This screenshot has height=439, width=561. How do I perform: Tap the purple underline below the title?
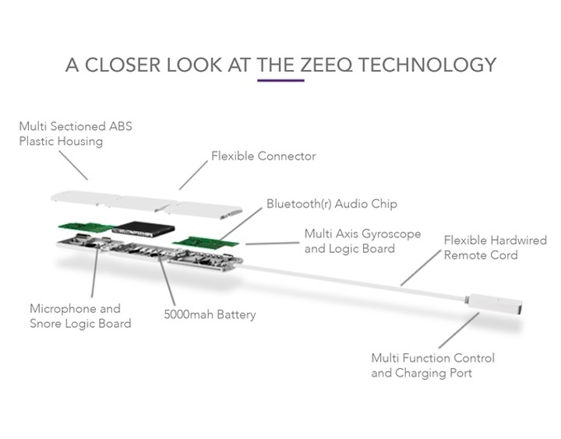(280, 80)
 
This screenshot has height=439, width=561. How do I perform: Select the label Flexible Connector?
(263, 156)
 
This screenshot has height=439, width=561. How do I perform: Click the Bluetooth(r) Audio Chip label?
(331, 204)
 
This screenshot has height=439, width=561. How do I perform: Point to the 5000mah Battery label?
(210, 314)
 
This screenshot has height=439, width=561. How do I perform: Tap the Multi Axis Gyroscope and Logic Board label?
(362, 241)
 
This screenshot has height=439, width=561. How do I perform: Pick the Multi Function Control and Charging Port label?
(432, 366)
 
